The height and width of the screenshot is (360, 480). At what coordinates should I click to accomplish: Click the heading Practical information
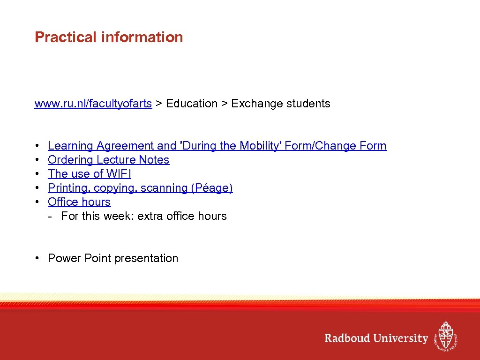tap(109, 37)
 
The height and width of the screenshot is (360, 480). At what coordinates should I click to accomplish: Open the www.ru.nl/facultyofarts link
tap(93, 104)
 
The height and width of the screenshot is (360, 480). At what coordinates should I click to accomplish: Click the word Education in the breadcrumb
tap(192, 104)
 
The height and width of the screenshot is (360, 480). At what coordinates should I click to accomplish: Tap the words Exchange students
tap(281, 104)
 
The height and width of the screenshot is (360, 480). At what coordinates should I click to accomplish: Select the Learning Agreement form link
tap(217, 146)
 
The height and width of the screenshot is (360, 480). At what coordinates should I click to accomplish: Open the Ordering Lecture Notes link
tap(108, 160)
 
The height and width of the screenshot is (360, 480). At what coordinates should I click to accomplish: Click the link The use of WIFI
tap(90, 174)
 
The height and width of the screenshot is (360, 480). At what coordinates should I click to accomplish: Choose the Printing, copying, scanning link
tap(140, 188)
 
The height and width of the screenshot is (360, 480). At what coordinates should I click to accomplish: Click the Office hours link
tap(79, 202)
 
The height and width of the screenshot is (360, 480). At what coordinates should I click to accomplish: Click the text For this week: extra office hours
tap(143, 216)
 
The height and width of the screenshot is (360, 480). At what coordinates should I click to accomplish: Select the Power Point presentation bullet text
tap(113, 258)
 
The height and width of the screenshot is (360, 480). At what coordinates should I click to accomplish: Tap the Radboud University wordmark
tap(376, 338)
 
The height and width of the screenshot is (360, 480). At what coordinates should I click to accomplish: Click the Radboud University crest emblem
tap(445, 336)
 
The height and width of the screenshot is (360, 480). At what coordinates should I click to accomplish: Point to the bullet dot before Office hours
tap(37, 202)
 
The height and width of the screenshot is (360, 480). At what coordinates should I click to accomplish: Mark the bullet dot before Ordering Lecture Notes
tap(37, 160)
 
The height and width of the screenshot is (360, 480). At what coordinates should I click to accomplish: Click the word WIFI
tap(119, 174)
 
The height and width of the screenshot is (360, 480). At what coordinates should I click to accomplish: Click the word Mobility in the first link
tap(261, 146)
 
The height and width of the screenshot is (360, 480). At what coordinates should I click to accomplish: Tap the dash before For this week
tap(50, 216)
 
